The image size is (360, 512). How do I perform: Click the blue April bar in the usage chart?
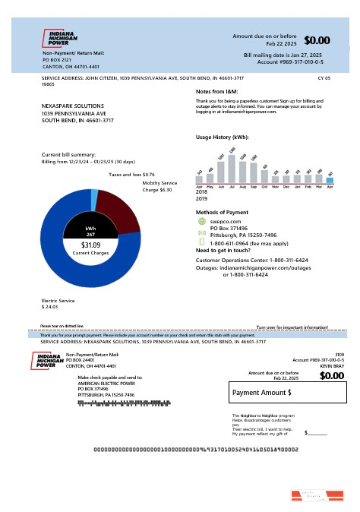[x=330, y=179]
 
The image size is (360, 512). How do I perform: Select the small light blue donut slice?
[x=94, y=200]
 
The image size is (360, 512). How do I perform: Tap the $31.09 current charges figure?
[x=90, y=245]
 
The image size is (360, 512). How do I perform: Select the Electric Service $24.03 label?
[x=59, y=304]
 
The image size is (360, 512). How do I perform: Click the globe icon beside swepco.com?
[x=201, y=221]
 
